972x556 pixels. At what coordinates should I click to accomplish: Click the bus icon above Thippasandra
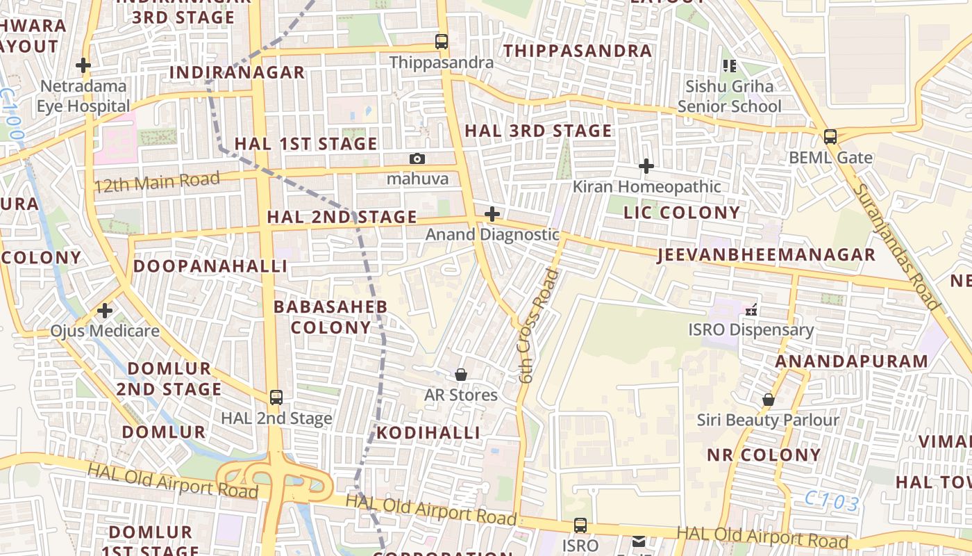[442, 41]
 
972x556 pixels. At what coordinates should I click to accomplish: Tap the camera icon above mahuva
[417, 158]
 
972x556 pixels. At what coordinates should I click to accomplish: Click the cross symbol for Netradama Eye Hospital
[83, 65]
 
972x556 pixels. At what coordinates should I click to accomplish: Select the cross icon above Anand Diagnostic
[492, 213]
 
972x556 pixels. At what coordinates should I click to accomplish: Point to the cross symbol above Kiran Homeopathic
[646, 166]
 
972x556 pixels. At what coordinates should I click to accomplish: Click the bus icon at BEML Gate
[830, 136]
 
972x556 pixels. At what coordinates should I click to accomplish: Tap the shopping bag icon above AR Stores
[461, 375]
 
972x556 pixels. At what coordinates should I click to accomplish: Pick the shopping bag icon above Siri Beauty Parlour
[769, 400]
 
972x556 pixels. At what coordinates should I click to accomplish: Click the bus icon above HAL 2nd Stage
[276, 398]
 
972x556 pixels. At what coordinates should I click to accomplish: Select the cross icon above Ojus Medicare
[105, 310]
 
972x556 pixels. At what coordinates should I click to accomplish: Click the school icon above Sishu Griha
[729, 66]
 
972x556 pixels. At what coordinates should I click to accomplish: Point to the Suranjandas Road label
[896, 246]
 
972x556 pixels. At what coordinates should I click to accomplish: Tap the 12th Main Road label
[157, 182]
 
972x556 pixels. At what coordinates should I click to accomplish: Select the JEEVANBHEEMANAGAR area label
[766, 255]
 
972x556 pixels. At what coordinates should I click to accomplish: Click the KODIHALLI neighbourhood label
[428, 433]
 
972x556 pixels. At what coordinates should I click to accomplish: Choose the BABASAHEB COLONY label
[331, 317]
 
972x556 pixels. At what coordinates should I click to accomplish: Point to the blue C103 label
[832, 502]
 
